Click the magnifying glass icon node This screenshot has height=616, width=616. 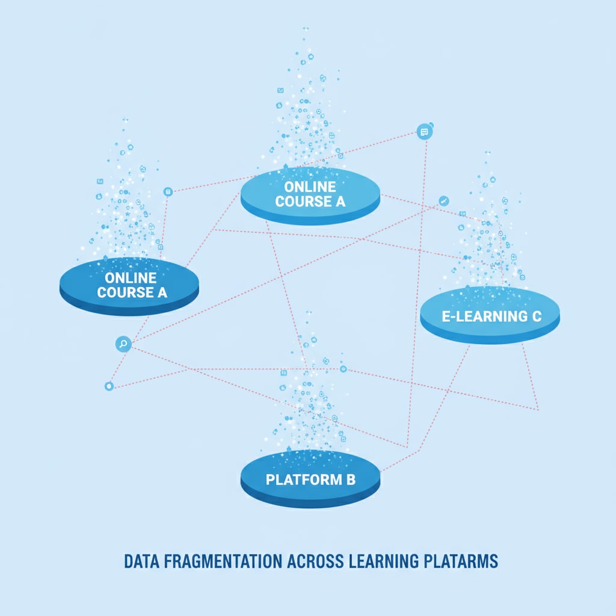click(123, 344)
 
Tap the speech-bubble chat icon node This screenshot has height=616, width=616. click(425, 132)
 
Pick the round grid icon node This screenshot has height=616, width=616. click(168, 191)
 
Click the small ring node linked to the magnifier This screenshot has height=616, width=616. click(109, 386)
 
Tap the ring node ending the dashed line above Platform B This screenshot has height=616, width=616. click(343, 369)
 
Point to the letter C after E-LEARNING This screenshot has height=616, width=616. click(537, 316)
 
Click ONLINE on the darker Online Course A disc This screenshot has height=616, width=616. click(131, 278)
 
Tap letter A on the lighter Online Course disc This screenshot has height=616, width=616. click(340, 202)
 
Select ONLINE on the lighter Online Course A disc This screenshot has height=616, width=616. click(310, 186)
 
